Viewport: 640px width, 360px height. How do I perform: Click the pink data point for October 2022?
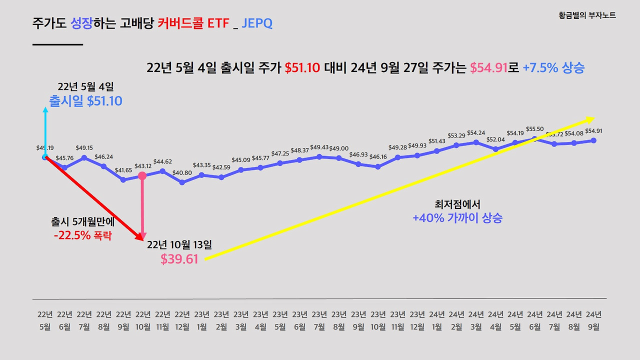[142, 175]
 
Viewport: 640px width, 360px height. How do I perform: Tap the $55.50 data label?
[535, 129]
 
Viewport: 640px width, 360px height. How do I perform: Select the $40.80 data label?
[182, 172]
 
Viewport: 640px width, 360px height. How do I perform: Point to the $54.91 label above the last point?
[593, 131]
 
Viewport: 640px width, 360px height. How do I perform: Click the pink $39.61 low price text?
[179, 259]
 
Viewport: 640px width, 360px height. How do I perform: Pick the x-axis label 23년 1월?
[201, 320]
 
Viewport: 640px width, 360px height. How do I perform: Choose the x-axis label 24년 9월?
[593, 320]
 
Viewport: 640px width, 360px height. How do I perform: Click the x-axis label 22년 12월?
[182, 320]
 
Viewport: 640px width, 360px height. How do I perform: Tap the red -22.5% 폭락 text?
[82, 235]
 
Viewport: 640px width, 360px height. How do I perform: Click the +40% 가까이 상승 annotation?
[457, 218]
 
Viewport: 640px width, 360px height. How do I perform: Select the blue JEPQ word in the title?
[257, 23]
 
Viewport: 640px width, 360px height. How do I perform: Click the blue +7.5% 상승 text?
[553, 68]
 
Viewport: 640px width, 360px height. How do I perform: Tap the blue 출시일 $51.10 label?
[85, 101]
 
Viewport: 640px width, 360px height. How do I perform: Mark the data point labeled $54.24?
[476, 142]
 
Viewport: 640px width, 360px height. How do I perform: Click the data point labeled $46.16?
[378, 166]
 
